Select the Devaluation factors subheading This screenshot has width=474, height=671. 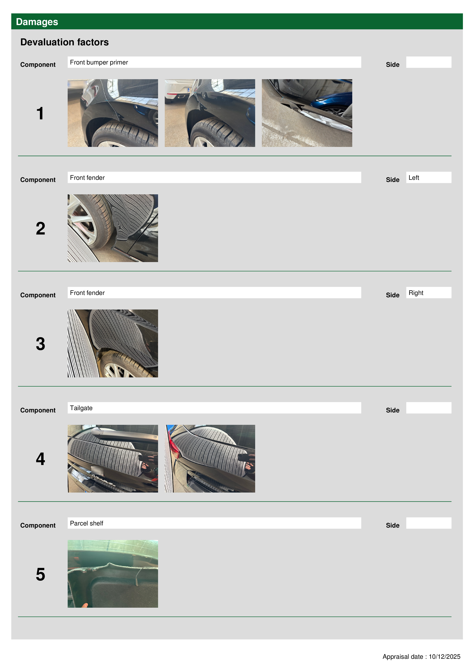65,42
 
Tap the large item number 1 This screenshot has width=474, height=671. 40,113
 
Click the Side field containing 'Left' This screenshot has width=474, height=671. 429,177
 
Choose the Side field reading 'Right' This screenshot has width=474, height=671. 429,292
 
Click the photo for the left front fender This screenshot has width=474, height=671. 113,228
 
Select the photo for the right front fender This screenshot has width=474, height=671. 113,343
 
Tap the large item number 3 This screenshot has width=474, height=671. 40,344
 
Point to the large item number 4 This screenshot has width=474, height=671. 40,459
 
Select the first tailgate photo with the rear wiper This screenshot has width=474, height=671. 113,458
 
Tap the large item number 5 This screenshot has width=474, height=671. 40,574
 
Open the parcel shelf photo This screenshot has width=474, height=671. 113,574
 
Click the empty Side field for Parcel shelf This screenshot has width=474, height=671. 429,523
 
